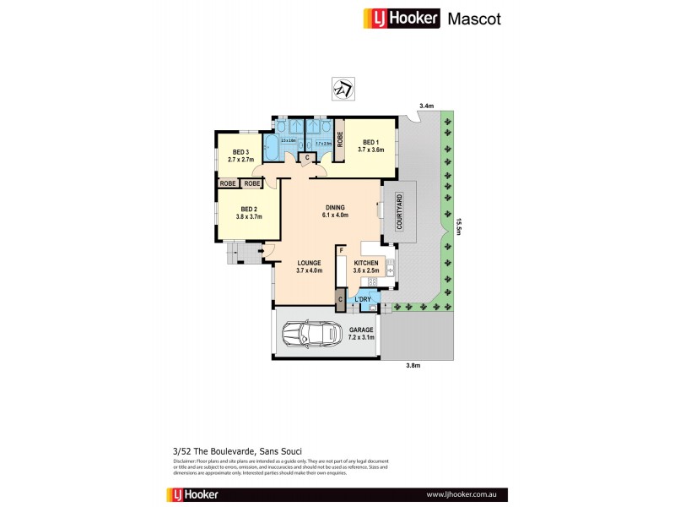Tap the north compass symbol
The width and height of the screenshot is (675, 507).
point(343,87)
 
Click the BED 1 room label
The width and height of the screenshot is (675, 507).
point(373,145)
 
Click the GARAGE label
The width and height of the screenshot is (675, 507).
point(361,333)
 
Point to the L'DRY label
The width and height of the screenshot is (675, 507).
point(364,300)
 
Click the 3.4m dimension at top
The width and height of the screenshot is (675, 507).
point(427,106)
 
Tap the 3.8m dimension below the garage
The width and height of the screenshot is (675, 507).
point(412,366)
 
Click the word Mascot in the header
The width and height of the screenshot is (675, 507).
point(473,19)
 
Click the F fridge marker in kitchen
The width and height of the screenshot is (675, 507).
point(341,250)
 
